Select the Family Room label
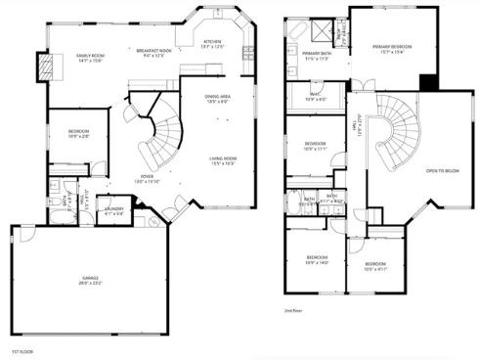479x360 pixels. point(91,58)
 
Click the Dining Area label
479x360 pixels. point(217,97)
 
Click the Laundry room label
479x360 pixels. point(113,208)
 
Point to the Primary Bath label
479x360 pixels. point(316,55)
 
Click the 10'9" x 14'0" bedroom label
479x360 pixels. point(315,261)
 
